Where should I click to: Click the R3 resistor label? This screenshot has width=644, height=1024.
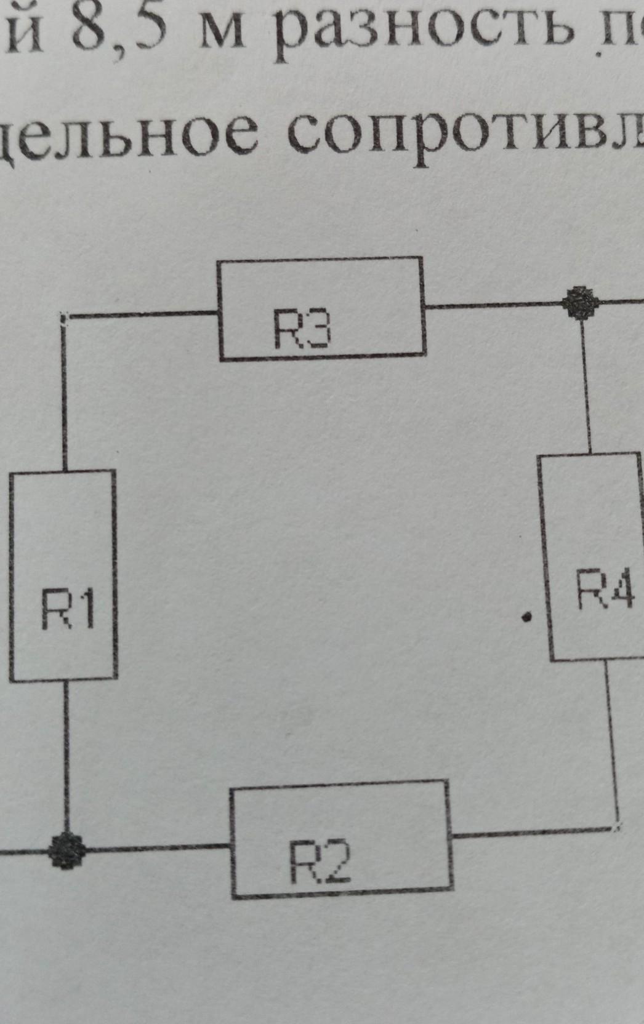tap(302, 330)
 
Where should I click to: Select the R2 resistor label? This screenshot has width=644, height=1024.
tap(320, 861)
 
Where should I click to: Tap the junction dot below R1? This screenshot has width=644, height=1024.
tap(67, 851)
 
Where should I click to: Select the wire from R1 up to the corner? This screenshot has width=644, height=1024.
tap(64, 394)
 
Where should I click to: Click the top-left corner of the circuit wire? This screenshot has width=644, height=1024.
tap(65, 316)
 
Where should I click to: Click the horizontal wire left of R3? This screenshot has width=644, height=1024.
tap(142, 314)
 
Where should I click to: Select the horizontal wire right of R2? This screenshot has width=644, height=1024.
tap(533, 833)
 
